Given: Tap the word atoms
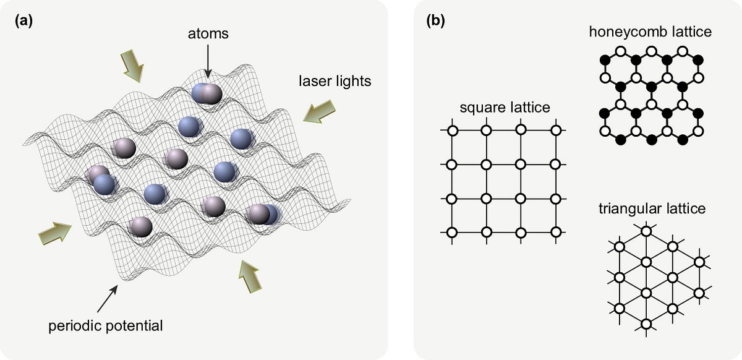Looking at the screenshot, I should (208, 35).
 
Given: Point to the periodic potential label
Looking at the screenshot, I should (106, 325).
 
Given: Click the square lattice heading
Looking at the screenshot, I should (505, 108).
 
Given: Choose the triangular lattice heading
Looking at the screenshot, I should (652, 208).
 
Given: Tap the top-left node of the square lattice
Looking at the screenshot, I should (451, 131).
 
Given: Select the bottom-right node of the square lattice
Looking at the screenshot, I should (556, 233).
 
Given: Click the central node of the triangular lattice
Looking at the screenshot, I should (646, 293).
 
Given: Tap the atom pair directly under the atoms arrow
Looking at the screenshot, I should (207, 93).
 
